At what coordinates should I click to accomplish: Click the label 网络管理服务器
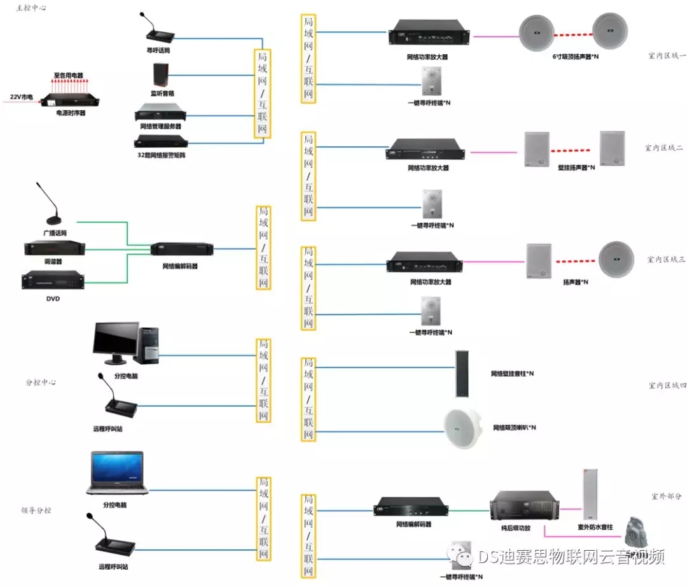(161, 126)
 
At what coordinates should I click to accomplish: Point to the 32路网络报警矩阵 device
(162, 141)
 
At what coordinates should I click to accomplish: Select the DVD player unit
(53, 281)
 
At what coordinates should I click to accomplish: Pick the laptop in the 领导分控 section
(117, 473)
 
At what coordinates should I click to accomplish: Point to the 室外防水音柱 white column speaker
(591, 494)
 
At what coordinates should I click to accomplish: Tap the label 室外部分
(666, 495)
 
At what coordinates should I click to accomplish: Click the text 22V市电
(22, 97)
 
